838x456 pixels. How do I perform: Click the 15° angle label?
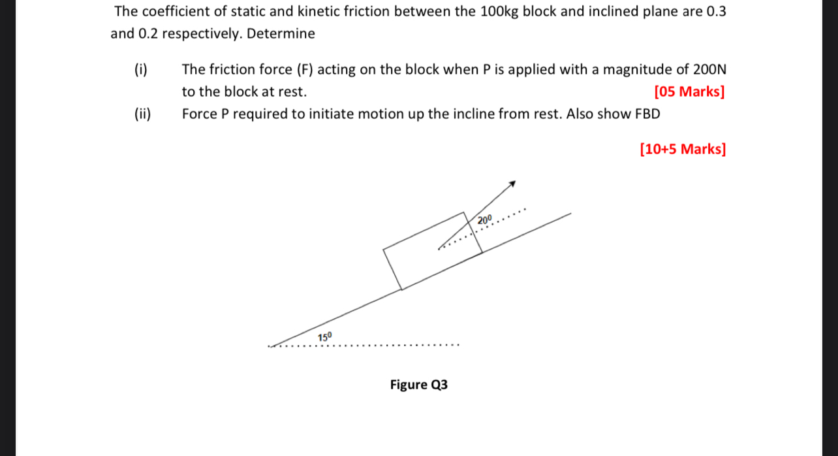coord(325,337)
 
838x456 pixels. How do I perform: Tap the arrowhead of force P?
coord(513,184)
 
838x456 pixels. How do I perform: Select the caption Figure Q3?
coord(419,385)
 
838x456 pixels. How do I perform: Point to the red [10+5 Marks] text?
coord(683,150)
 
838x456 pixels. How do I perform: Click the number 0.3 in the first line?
coord(716,12)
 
